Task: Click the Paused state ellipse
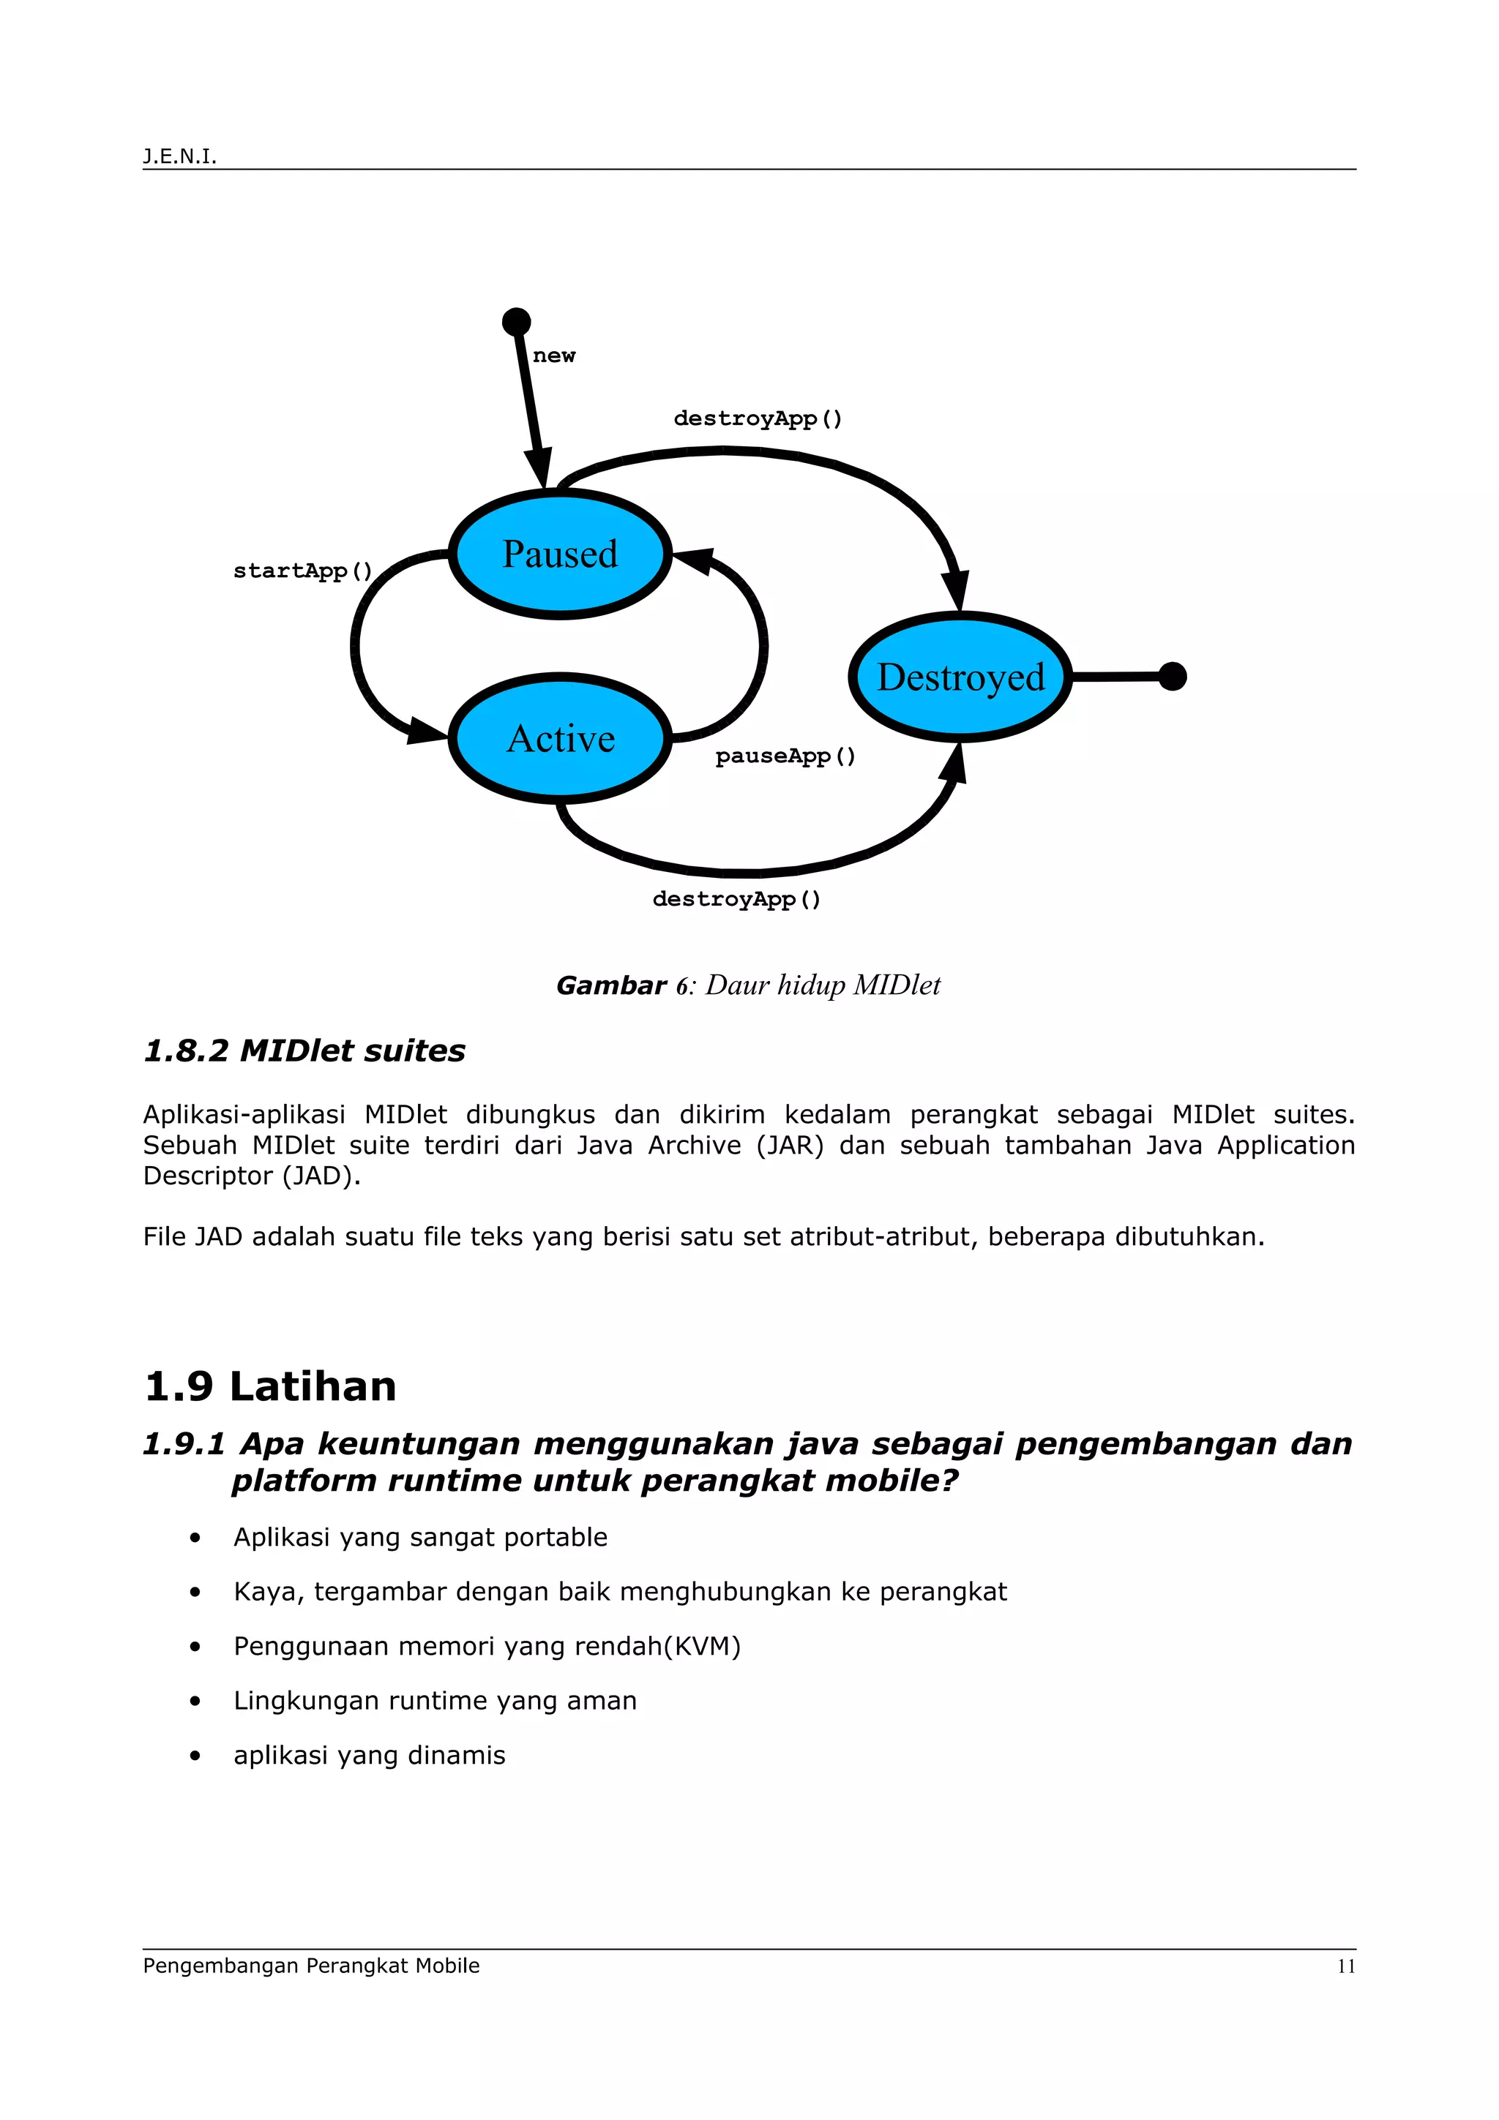point(560,554)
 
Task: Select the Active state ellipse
point(560,739)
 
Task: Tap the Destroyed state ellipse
point(960,677)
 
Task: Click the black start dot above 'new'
point(516,321)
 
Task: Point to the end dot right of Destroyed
point(1172,676)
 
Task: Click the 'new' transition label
point(553,356)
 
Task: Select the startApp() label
point(303,571)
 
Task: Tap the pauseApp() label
point(785,756)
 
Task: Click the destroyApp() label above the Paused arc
point(758,418)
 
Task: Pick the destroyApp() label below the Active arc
point(736,899)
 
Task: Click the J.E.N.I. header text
point(179,156)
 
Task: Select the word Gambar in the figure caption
point(610,985)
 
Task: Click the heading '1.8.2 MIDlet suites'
point(304,1050)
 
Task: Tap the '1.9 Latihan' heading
point(271,1386)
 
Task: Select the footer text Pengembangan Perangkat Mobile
point(311,1966)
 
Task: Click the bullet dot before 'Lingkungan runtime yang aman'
point(195,1701)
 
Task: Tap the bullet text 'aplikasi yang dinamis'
point(370,1755)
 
